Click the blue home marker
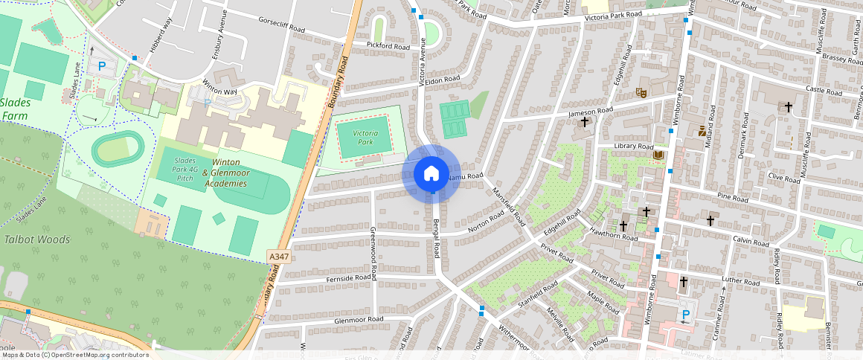tap(431, 174)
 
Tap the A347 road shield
tap(279, 257)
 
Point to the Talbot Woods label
tap(37, 240)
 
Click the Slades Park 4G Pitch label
tap(184, 169)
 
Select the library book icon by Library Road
tap(658, 155)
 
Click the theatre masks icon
tap(640, 93)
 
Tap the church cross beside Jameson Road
tap(585, 121)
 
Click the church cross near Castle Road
tap(789, 107)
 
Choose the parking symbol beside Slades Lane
tap(102, 67)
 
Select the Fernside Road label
tap(348, 278)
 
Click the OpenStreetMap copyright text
tap(74, 355)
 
